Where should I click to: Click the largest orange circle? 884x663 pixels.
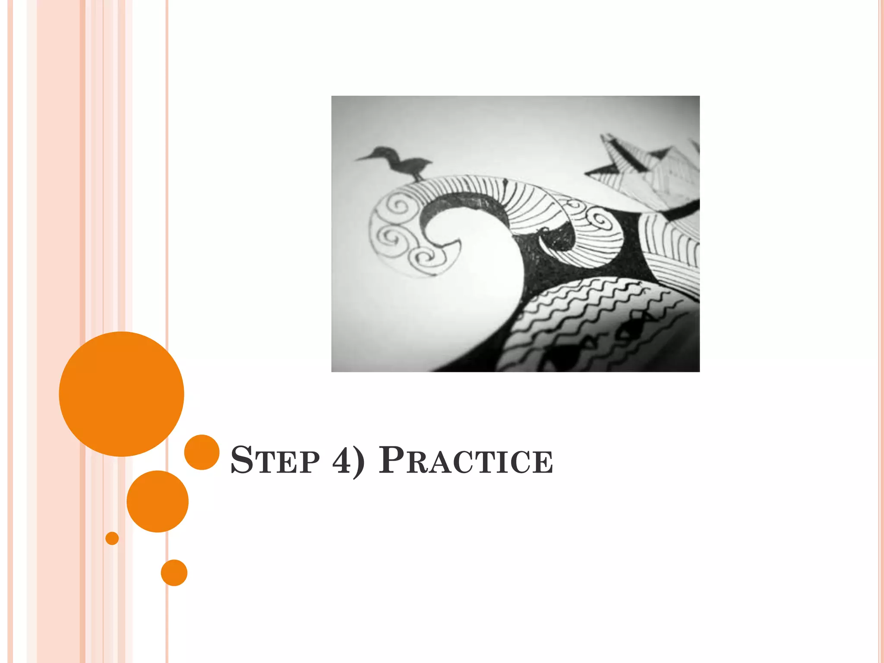click(121, 394)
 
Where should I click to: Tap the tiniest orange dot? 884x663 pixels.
click(112, 538)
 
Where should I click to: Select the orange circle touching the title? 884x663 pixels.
click(202, 452)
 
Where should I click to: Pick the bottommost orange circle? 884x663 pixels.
click(174, 573)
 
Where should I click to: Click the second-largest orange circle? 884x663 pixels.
click(157, 501)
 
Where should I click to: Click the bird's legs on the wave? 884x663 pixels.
click(418, 177)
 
